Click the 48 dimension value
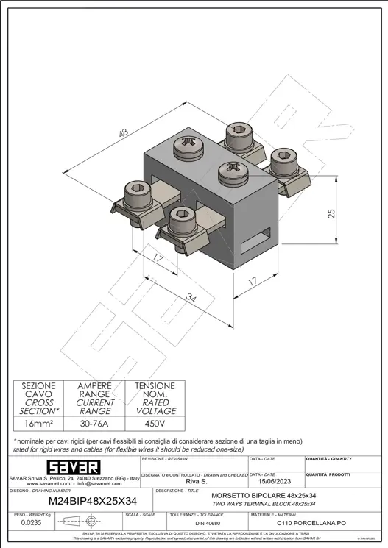click(x=122, y=133)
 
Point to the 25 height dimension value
click(x=332, y=213)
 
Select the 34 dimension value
click(x=191, y=299)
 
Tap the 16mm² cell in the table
click(x=38, y=424)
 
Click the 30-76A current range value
click(x=96, y=424)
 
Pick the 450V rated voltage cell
click(x=155, y=424)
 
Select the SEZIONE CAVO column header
click(x=38, y=398)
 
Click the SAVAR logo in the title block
click(x=74, y=468)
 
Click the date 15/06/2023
click(x=275, y=482)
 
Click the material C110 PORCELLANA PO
click(x=311, y=523)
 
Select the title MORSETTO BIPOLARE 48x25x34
click(x=263, y=496)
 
